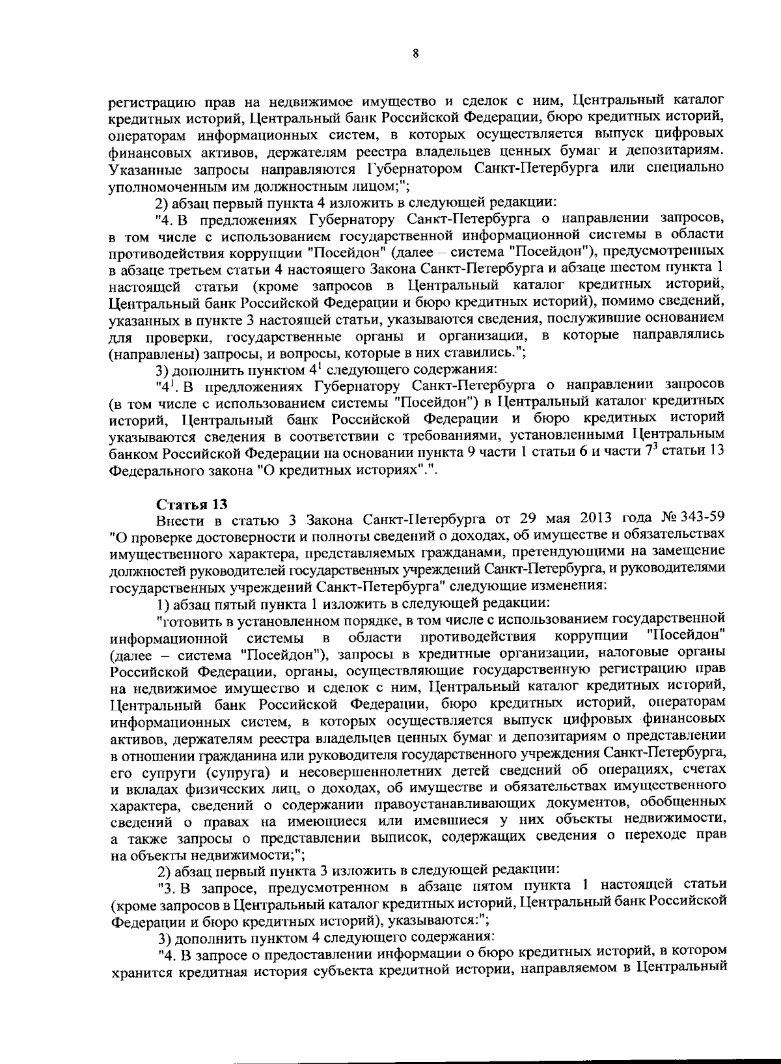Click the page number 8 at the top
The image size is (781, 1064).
[x=415, y=54]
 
